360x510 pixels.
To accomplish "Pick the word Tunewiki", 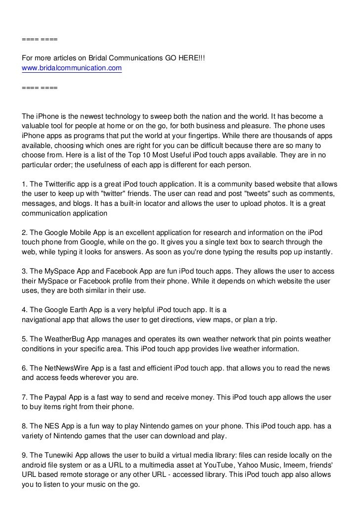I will coord(62,455).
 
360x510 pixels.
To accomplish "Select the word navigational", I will coord(44,320).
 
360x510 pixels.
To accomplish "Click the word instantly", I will coord(317,252).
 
